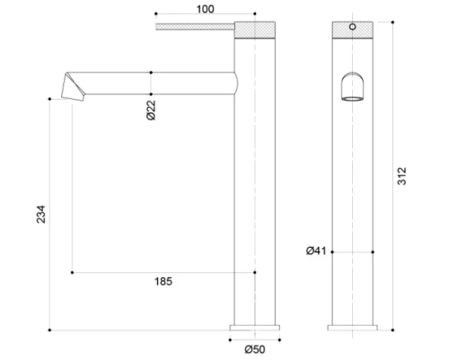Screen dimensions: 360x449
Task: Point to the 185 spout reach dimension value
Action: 163,282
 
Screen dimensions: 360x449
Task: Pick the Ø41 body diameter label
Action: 313,251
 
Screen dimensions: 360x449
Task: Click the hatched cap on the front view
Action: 352,28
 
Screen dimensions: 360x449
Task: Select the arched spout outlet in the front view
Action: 352,88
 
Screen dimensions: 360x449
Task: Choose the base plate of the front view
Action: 352,327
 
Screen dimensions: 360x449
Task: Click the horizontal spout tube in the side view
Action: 153,83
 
